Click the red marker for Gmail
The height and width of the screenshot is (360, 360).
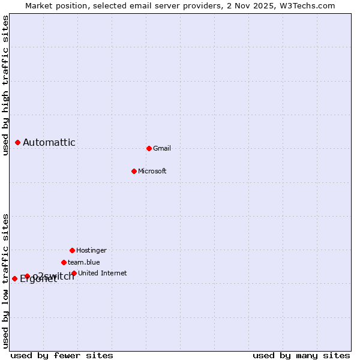[149, 148]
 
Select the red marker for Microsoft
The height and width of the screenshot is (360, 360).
[134, 171]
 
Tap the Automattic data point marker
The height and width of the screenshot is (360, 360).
[17, 142]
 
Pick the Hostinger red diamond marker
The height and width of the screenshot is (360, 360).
[72, 250]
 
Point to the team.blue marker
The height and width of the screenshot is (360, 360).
[64, 262]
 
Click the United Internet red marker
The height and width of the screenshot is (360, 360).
[74, 273]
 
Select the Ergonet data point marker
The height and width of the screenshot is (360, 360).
[14, 278]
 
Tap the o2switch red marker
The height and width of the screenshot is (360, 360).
[27, 276]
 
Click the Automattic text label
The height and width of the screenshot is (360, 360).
[49, 143]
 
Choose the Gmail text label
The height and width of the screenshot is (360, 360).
[162, 149]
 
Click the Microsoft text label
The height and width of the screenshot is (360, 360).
[152, 172]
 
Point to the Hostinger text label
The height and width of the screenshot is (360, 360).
[91, 251]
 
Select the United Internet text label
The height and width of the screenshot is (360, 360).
[103, 274]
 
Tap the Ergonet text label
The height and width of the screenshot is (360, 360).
[38, 279]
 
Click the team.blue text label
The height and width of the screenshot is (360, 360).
[84, 263]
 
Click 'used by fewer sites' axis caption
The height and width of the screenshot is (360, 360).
[62, 356]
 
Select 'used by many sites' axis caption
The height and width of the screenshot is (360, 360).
[301, 356]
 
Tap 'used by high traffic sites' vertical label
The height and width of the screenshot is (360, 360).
[6, 85]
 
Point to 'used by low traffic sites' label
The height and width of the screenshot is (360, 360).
[6, 281]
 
